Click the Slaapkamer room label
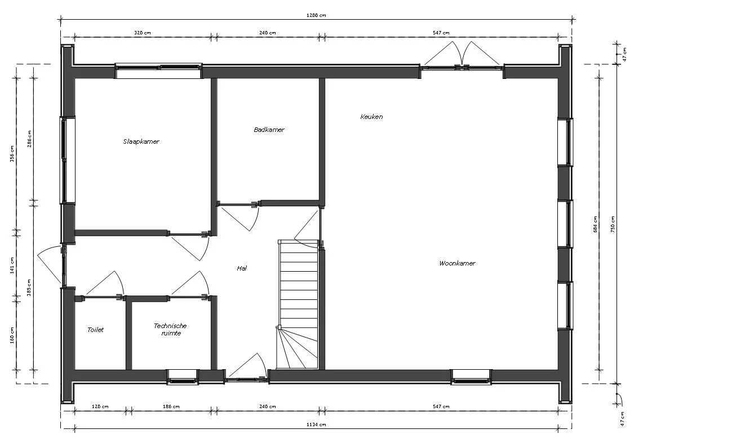[141, 141]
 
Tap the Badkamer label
[269, 130]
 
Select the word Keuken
[371, 117]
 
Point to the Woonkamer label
[457, 263]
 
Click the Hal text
[242, 268]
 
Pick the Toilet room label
[95, 330]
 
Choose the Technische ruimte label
[170, 330]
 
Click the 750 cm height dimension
[613, 224]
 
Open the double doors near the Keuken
[462, 56]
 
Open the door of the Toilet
[104, 285]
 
